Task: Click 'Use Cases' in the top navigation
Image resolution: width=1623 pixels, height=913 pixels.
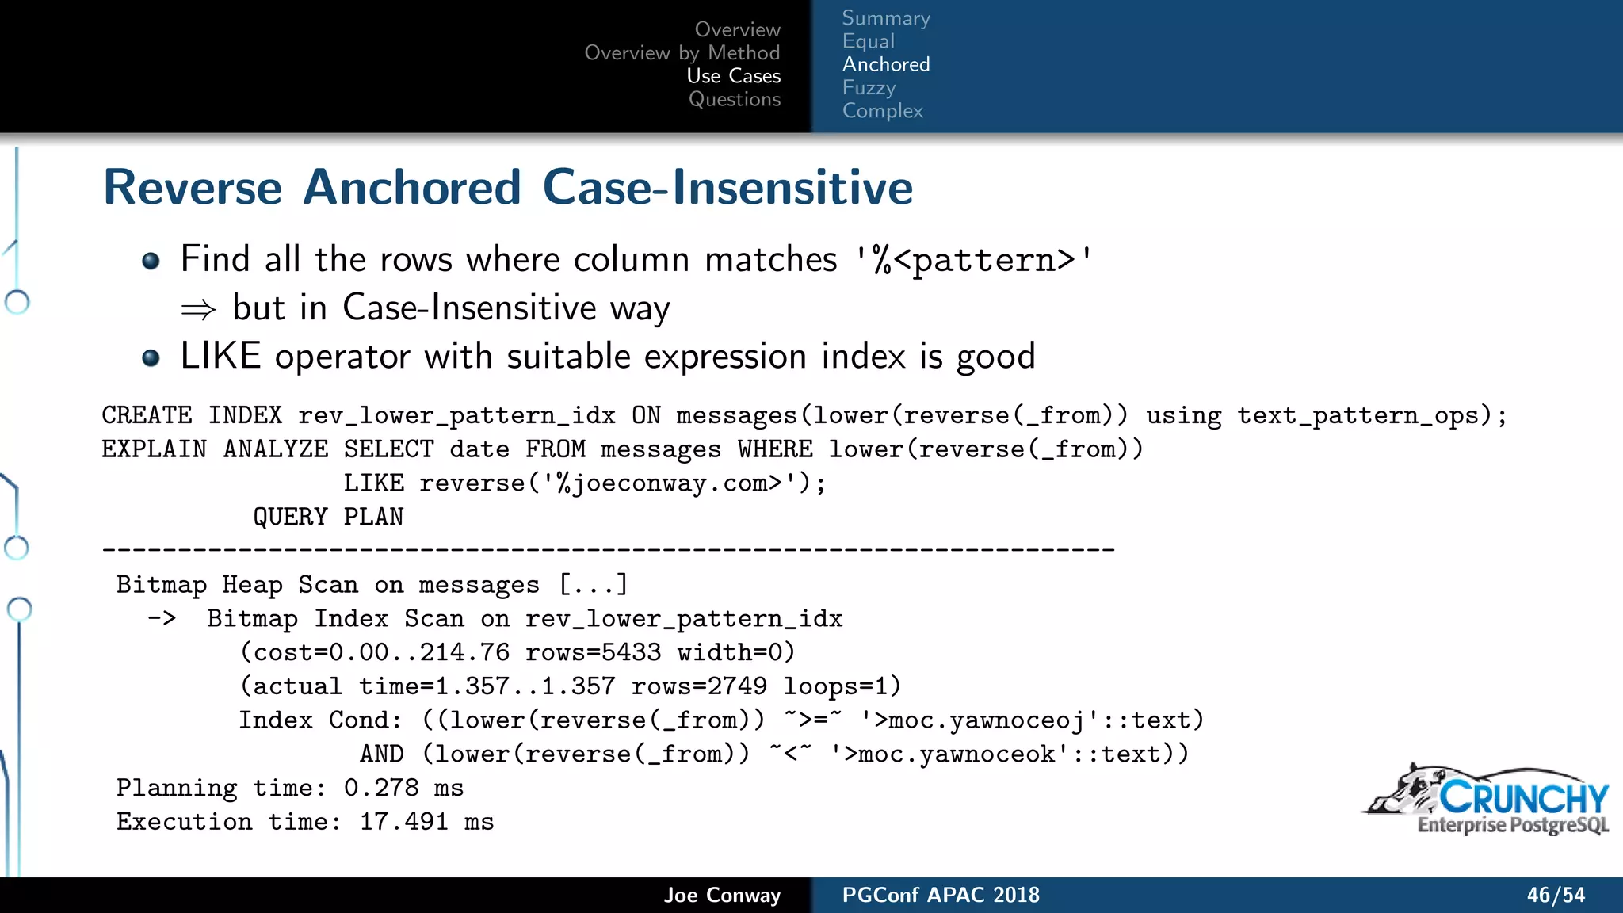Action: pos(733,76)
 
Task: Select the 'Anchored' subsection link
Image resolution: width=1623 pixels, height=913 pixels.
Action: pos(885,64)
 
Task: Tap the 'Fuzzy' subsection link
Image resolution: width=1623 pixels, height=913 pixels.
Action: pos(869,87)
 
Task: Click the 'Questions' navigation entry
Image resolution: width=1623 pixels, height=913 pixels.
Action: pos(734,99)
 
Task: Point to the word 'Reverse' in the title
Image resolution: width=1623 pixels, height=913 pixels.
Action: pos(193,188)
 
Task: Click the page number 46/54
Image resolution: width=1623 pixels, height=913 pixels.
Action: pos(1556,895)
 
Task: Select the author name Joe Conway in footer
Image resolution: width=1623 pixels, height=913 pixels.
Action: pos(722,895)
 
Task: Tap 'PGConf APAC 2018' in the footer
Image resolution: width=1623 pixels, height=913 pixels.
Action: pos(940,895)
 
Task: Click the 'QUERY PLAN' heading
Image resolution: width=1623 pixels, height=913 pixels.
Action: pos(328,518)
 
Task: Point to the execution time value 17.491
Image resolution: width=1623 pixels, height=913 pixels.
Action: pos(404,822)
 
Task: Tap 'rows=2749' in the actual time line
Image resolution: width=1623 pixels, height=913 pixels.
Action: pos(699,686)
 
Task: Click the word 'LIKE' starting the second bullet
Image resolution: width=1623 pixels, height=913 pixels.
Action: pos(220,356)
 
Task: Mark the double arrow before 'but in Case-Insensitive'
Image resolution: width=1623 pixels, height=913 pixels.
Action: pos(198,309)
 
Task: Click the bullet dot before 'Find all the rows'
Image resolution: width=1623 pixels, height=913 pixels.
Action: pos(151,261)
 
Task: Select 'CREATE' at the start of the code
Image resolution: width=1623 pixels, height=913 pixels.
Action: pos(147,416)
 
